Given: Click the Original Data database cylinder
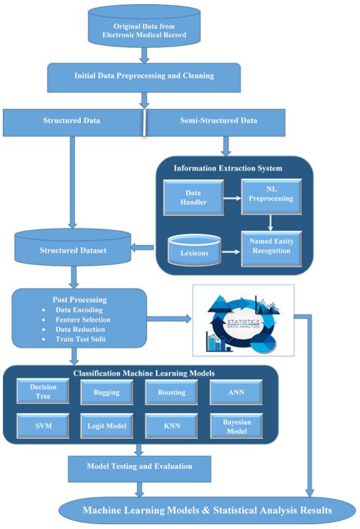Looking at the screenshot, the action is coord(144,26).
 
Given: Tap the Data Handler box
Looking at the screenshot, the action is coord(193,198).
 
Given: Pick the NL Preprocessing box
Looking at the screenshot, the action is coord(271,197).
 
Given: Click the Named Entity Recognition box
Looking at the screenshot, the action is coord(271,249).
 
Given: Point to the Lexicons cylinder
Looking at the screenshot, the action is coord(195,250).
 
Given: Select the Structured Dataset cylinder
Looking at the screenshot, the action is coord(73,248).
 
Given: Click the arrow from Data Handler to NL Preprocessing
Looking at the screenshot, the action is coord(233,198).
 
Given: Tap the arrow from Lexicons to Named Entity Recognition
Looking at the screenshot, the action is coord(231,252).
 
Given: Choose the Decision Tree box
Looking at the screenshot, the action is coord(43,391).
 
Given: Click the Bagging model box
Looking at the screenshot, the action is coord(106,393).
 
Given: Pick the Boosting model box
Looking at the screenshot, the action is coord(172,393).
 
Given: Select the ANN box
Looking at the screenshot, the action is coord(236,393).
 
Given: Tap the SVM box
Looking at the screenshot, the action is coord(43,426).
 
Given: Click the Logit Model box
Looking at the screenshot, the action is coord(106,426).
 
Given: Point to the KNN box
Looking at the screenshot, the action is coord(172,426).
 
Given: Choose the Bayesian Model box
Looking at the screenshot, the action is coord(236,426).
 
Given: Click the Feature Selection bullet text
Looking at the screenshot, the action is coord(83,319).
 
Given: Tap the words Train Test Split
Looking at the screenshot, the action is coord(81,339).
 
